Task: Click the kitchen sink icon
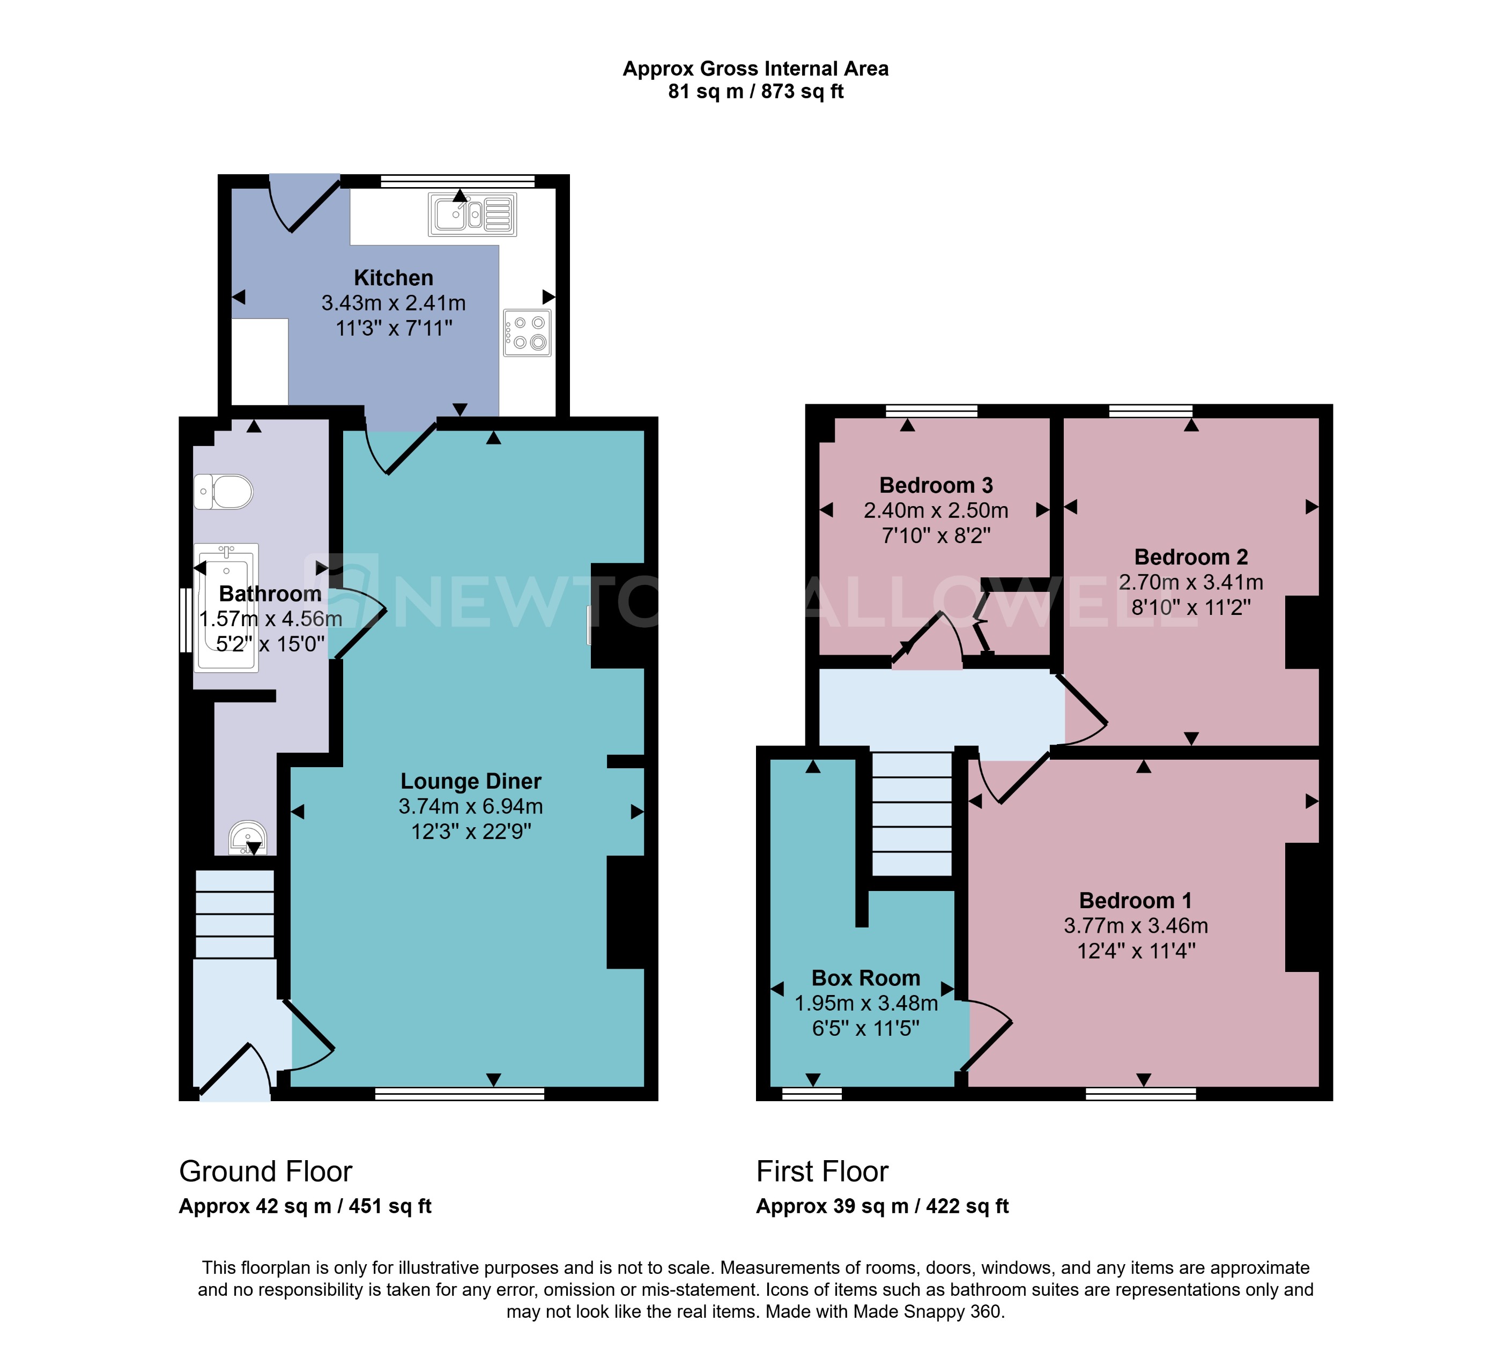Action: pyautogui.click(x=472, y=214)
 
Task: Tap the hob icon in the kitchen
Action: pyautogui.click(x=527, y=332)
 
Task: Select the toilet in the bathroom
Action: pyautogui.click(x=224, y=492)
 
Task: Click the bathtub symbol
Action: pyautogui.click(x=226, y=607)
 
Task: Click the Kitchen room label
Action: pyautogui.click(x=394, y=278)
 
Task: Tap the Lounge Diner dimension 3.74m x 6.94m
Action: pyautogui.click(x=471, y=806)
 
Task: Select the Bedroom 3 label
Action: pyautogui.click(x=936, y=486)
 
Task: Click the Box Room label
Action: pyautogui.click(x=865, y=978)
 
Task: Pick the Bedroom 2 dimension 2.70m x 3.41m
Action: pyautogui.click(x=1191, y=582)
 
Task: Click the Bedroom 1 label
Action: pyautogui.click(x=1136, y=901)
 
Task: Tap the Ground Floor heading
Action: pyautogui.click(x=265, y=1171)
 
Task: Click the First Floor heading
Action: pyautogui.click(x=822, y=1171)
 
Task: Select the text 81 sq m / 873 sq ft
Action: pyautogui.click(x=755, y=91)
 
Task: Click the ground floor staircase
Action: pyautogui.click(x=234, y=914)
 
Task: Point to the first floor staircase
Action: pyautogui.click(x=911, y=814)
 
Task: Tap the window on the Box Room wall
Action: pyautogui.click(x=812, y=1094)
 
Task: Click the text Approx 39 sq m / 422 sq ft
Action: pyautogui.click(x=882, y=1206)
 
